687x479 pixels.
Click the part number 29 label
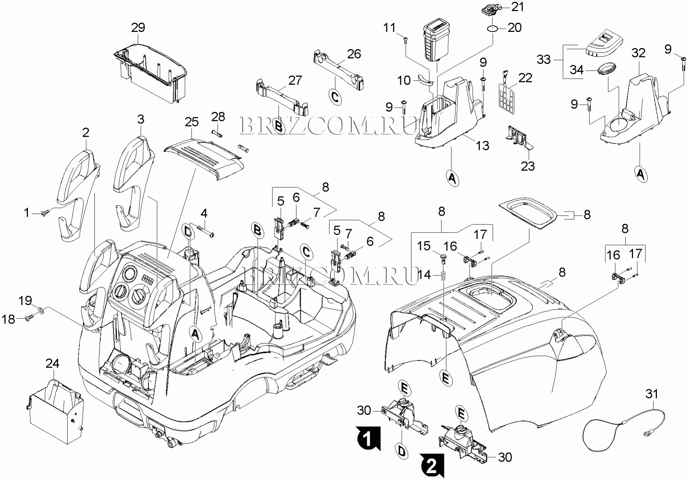coord(138,28)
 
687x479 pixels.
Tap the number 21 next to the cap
coord(518,7)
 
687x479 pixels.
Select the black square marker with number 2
coord(432,466)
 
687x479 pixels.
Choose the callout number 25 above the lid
coord(192,122)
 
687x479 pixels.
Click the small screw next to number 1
coord(46,212)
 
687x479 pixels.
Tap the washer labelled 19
coord(41,311)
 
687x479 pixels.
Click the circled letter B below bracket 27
coord(279,126)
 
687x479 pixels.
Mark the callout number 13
coord(482,146)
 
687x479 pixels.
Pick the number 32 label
coord(638,53)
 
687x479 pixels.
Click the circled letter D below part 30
coord(402,451)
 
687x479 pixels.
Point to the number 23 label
coord(528,166)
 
